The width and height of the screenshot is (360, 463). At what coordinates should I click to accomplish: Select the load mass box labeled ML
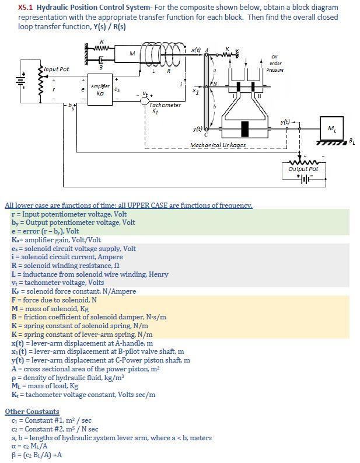click(330, 127)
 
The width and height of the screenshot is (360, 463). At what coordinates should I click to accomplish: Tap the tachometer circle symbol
click(144, 100)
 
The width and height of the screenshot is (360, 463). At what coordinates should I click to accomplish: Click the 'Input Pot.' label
click(57, 70)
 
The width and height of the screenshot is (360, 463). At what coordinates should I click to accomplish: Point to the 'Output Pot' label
click(303, 169)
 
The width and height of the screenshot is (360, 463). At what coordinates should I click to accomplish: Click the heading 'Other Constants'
click(32, 412)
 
